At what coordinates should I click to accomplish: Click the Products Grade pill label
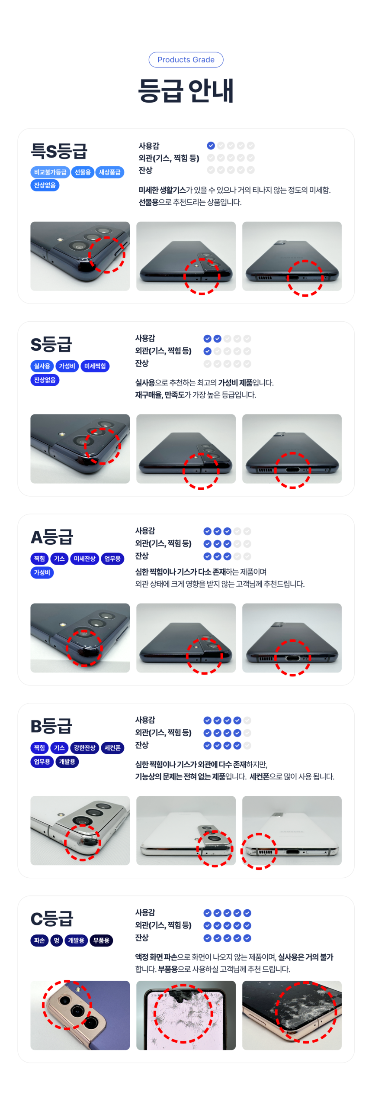(186, 60)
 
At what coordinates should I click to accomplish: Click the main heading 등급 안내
(186, 90)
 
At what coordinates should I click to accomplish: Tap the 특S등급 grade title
(59, 151)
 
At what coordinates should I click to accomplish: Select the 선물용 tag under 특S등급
(83, 172)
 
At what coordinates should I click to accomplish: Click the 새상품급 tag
(110, 172)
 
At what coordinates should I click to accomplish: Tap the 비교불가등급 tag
(50, 172)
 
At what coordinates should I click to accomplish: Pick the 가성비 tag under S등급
(67, 366)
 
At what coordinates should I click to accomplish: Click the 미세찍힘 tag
(95, 366)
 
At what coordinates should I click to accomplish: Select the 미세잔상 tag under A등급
(85, 559)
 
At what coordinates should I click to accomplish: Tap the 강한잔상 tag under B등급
(85, 748)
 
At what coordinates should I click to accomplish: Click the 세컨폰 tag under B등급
(112, 748)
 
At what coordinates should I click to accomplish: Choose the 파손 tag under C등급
(39, 940)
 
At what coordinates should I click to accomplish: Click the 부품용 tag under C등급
(101, 940)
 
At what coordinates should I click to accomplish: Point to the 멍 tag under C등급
(57, 940)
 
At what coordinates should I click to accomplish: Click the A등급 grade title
(52, 537)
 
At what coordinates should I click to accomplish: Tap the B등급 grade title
(51, 726)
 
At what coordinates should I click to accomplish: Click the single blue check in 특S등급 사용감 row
(211, 145)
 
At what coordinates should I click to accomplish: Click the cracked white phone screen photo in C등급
(186, 1015)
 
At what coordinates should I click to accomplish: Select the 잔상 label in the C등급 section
(142, 937)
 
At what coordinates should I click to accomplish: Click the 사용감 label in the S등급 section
(145, 338)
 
